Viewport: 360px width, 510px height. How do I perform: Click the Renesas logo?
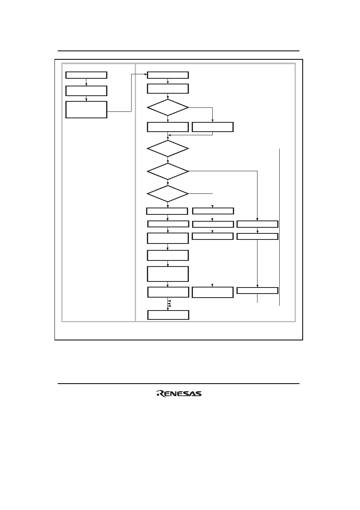[179, 394]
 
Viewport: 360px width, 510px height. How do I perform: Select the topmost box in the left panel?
[86, 75]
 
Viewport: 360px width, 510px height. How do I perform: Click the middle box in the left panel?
[86, 91]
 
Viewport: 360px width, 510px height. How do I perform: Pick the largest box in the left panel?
[86, 109]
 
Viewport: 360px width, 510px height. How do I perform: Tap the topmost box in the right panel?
[168, 75]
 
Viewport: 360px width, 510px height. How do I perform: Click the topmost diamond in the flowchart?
[168, 107]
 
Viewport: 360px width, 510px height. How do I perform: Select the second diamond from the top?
[168, 149]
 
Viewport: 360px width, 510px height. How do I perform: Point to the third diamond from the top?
[168, 171]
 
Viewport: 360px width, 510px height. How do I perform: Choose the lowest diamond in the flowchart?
[168, 193]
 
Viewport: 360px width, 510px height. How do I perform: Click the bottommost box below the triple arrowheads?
[168, 315]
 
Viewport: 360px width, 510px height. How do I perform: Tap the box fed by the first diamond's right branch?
[213, 127]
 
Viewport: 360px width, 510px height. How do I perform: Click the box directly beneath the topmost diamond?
[168, 127]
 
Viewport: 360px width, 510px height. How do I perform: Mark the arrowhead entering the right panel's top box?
[146, 74]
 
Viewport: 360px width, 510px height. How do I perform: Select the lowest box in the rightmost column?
[257, 290]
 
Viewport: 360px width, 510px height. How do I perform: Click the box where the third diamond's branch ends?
[257, 224]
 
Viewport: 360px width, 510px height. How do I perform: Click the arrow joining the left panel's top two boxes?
[86, 82]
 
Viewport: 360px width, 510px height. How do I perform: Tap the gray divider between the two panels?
[135, 193]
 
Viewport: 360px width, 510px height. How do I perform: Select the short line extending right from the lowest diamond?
[201, 193]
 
